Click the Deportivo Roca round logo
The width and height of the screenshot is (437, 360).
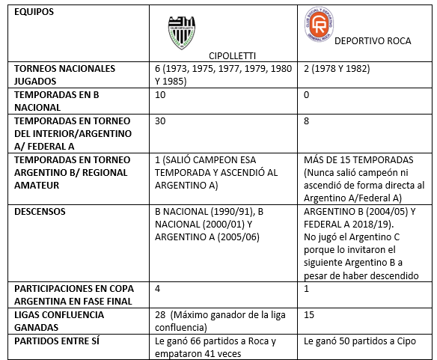tap(314, 27)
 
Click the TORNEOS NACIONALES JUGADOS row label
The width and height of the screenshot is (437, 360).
tap(65, 73)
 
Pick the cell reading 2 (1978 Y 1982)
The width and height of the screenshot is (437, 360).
tap(339, 68)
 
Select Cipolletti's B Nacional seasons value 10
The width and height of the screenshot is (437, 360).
tap(159, 95)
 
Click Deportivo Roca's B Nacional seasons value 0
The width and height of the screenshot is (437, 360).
tap(308, 95)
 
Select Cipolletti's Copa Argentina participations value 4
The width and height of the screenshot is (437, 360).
tap(157, 288)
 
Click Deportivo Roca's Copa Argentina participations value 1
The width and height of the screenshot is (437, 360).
tap(308, 288)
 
